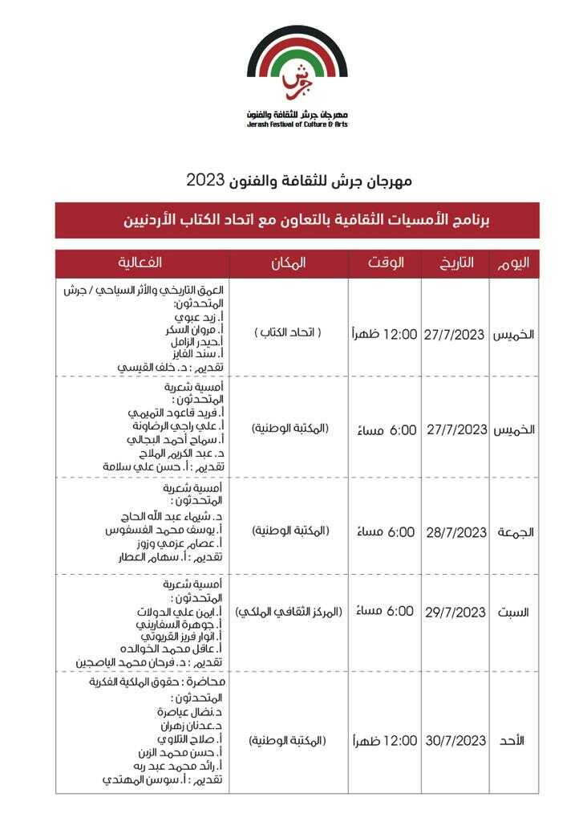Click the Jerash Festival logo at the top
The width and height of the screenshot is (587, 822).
[x=297, y=76]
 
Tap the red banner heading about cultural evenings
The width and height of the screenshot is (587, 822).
[x=297, y=220]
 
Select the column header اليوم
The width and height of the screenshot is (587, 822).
[x=514, y=263]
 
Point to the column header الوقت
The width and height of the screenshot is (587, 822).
[x=385, y=263]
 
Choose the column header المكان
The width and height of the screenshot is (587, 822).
[x=289, y=263]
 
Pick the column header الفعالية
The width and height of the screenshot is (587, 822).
[x=142, y=263]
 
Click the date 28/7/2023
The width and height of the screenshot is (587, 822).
[x=455, y=531]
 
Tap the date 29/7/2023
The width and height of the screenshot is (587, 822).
[x=455, y=612]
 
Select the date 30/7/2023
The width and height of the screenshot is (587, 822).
[x=455, y=740]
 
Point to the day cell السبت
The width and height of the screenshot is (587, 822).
[x=514, y=612]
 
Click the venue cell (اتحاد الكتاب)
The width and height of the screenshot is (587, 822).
[x=288, y=332]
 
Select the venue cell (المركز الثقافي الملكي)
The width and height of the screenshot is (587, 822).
[x=289, y=612]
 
